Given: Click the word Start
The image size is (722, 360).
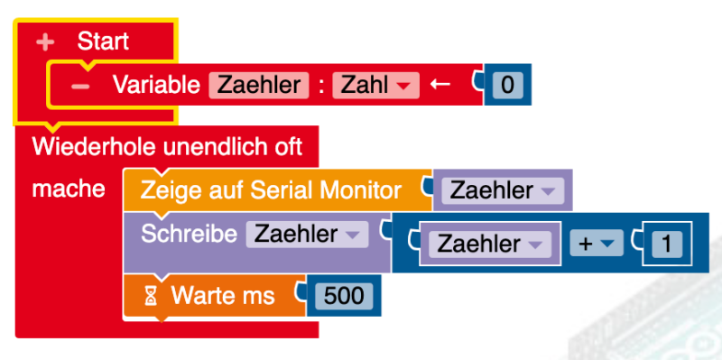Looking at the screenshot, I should coord(103,41).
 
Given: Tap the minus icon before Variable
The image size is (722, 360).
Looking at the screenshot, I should coord(80,86).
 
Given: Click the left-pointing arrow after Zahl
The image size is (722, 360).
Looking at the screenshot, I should coord(440,85).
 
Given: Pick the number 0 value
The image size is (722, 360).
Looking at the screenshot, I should coord(507,86).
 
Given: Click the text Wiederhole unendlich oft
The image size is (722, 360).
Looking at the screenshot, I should coord(167,145).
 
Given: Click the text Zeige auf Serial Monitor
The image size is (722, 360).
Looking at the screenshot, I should coord(271,190).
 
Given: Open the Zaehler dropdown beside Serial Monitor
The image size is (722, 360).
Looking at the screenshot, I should coord(502,190).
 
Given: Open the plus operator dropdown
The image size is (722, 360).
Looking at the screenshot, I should coord(595,244).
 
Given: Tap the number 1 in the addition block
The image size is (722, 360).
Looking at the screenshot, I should coord(666,244).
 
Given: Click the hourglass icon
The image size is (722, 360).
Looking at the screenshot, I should coord(152,294).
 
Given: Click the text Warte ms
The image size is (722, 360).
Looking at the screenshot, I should coord(224,294).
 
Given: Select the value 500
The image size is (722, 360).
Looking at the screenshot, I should coord(341,295).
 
